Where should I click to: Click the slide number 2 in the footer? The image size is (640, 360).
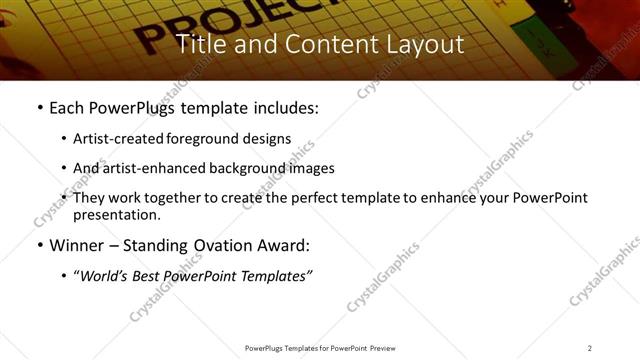(x=590, y=347)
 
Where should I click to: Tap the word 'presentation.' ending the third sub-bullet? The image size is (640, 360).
(x=117, y=215)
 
